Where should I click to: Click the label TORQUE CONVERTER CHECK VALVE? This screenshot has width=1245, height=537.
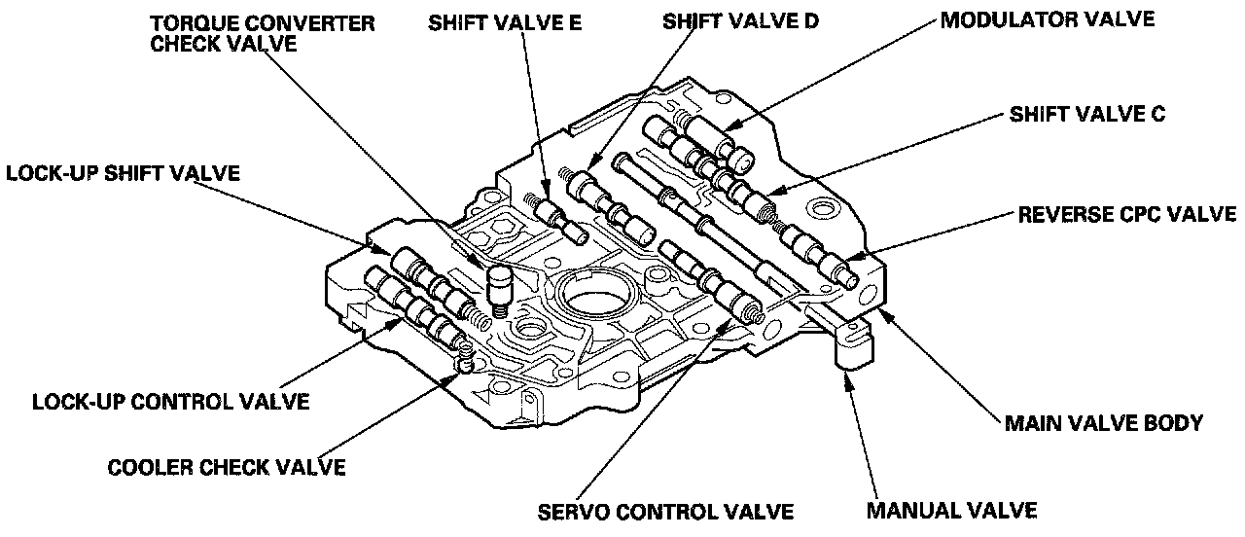tap(263, 34)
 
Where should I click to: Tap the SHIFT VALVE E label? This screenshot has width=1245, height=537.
tap(505, 24)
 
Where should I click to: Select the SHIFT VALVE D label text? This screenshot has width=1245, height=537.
tap(739, 21)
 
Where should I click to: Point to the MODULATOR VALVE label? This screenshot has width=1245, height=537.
tap(1047, 19)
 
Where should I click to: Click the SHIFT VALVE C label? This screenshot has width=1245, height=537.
tap(1086, 115)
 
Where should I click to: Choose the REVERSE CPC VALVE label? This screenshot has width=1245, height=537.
tap(1126, 214)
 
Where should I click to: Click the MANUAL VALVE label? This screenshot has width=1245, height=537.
tap(951, 510)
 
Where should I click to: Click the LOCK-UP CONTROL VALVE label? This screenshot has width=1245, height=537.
tap(171, 401)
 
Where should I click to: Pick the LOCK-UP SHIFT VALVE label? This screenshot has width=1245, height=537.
tap(124, 174)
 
